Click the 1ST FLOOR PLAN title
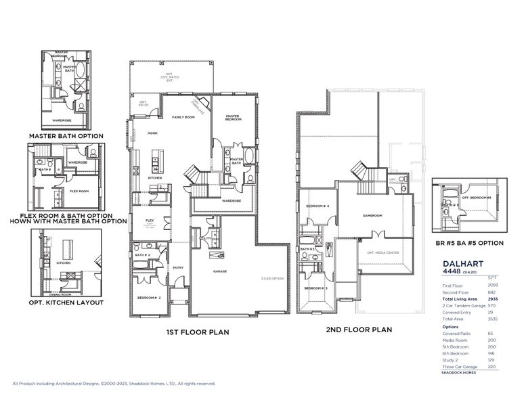[x=198, y=332]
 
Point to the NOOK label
[x=152, y=133]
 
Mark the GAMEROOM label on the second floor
[x=372, y=216]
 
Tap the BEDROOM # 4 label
[x=317, y=206]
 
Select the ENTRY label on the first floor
[x=178, y=267]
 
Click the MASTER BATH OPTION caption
[x=66, y=136]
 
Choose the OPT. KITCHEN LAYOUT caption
[x=66, y=302]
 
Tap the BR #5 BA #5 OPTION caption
[x=468, y=242]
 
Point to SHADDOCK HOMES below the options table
[x=457, y=373]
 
